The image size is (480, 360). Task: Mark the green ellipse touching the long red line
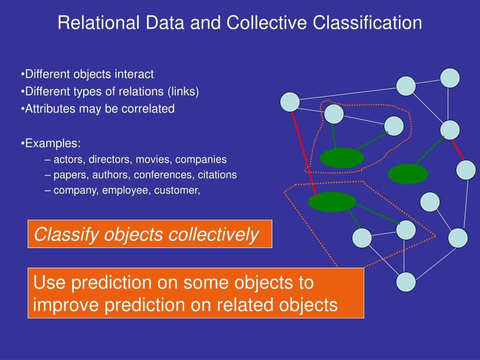tap(332, 202)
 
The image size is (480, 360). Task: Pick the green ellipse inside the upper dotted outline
tap(342, 158)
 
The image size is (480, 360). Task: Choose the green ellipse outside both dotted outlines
tap(408, 174)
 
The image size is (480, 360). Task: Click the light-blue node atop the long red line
tap(290, 102)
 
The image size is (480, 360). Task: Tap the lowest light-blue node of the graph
tap(405, 282)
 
